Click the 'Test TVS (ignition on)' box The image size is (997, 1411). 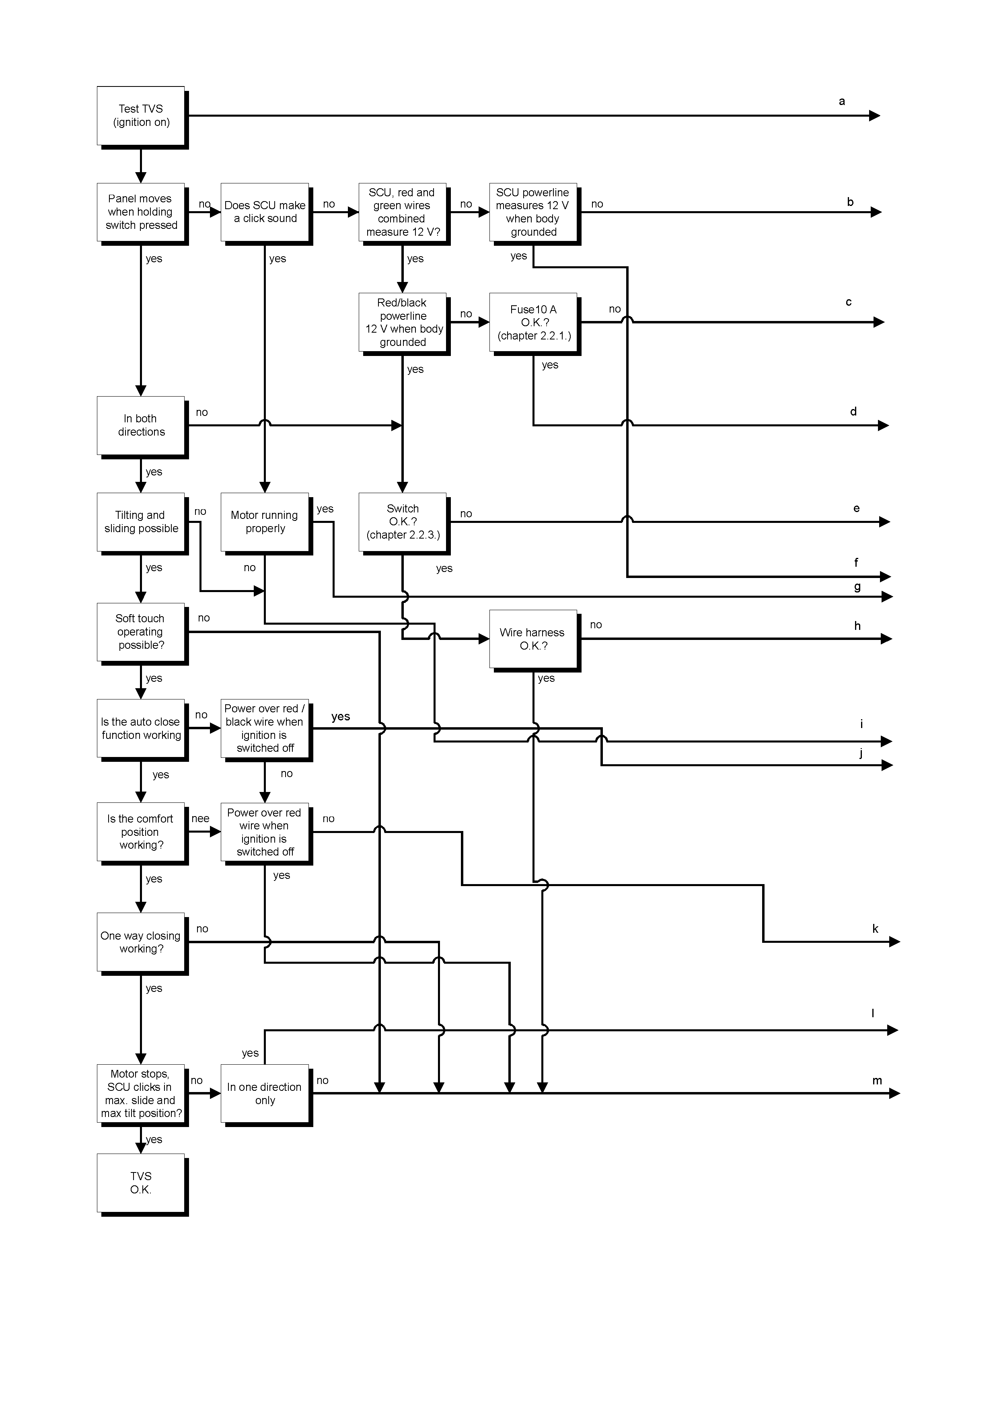point(141,115)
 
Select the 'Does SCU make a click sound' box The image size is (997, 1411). point(265,212)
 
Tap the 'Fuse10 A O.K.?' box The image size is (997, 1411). point(533,322)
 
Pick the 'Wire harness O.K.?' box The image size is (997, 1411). point(533,639)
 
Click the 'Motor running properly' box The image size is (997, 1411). point(265,522)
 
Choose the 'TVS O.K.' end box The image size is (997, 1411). point(141,1183)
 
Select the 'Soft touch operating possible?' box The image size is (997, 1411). point(141,632)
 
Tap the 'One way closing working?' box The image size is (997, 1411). point(141,942)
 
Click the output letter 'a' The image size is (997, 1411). point(842,101)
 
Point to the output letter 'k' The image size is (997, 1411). point(876,929)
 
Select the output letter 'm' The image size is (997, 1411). point(877,1080)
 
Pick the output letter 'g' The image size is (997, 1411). point(857,587)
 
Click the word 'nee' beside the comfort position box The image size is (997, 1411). point(200,819)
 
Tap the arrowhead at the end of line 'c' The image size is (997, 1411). point(879,322)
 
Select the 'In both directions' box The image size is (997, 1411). point(141,425)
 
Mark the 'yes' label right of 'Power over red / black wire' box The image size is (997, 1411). point(340,717)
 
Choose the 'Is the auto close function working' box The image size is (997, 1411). point(141,728)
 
